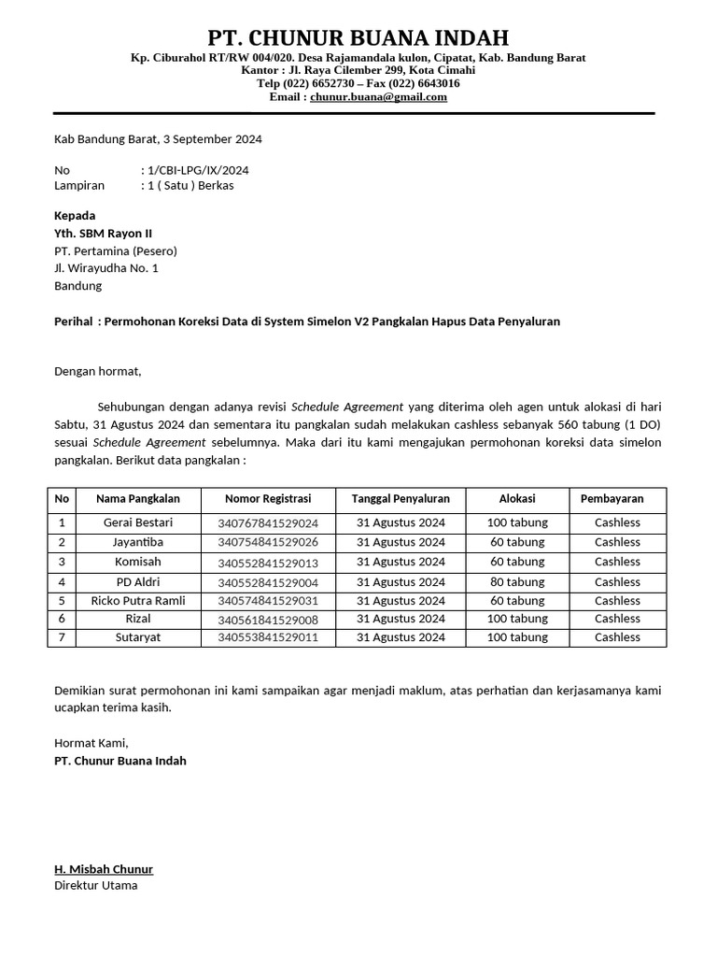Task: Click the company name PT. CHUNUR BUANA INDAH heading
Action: coord(358,37)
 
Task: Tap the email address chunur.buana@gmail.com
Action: coord(378,96)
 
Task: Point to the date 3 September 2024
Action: coord(212,139)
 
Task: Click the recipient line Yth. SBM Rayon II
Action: coord(103,233)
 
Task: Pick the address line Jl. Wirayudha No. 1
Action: coord(106,268)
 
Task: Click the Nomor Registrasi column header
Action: coord(268,499)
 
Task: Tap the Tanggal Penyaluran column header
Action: coord(401,499)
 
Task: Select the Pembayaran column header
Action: coord(617,499)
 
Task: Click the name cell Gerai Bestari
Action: coord(138,522)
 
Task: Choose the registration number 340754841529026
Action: coord(268,543)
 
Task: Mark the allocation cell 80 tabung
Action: coord(517,581)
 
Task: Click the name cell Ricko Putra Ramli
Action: coord(138,600)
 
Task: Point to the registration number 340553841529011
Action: coord(268,638)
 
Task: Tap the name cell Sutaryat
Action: coord(138,637)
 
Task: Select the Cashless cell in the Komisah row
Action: coord(617,562)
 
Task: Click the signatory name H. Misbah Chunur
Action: coord(104,869)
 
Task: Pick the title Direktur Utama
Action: coord(95,885)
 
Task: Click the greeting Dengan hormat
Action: coord(97,371)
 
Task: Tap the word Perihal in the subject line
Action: coord(74,321)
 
